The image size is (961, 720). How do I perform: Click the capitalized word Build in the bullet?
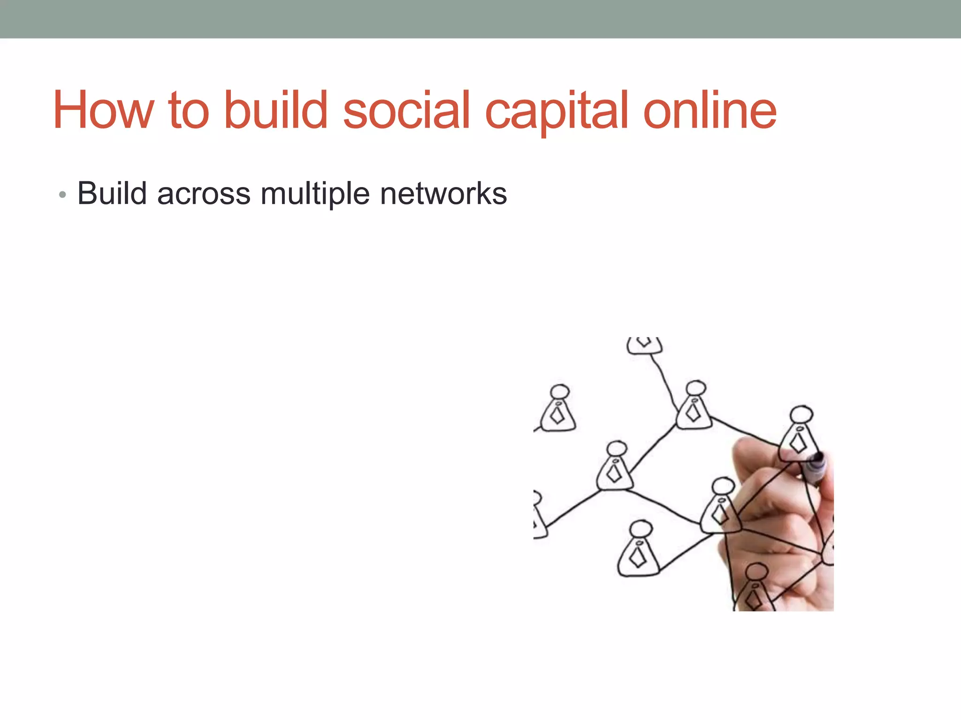tap(112, 193)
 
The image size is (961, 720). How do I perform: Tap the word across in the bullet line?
tap(204, 194)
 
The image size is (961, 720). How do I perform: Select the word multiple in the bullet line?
tap(315, 194)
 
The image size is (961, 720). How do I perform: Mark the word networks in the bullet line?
tap(443, 193)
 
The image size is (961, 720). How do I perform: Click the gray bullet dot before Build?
tap(62, 195)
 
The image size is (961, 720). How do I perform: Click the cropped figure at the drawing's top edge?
tap(644, 345)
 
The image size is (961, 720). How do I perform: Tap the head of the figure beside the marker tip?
tap(801, 415)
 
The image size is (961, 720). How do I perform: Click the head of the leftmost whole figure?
tap(559, 392)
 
